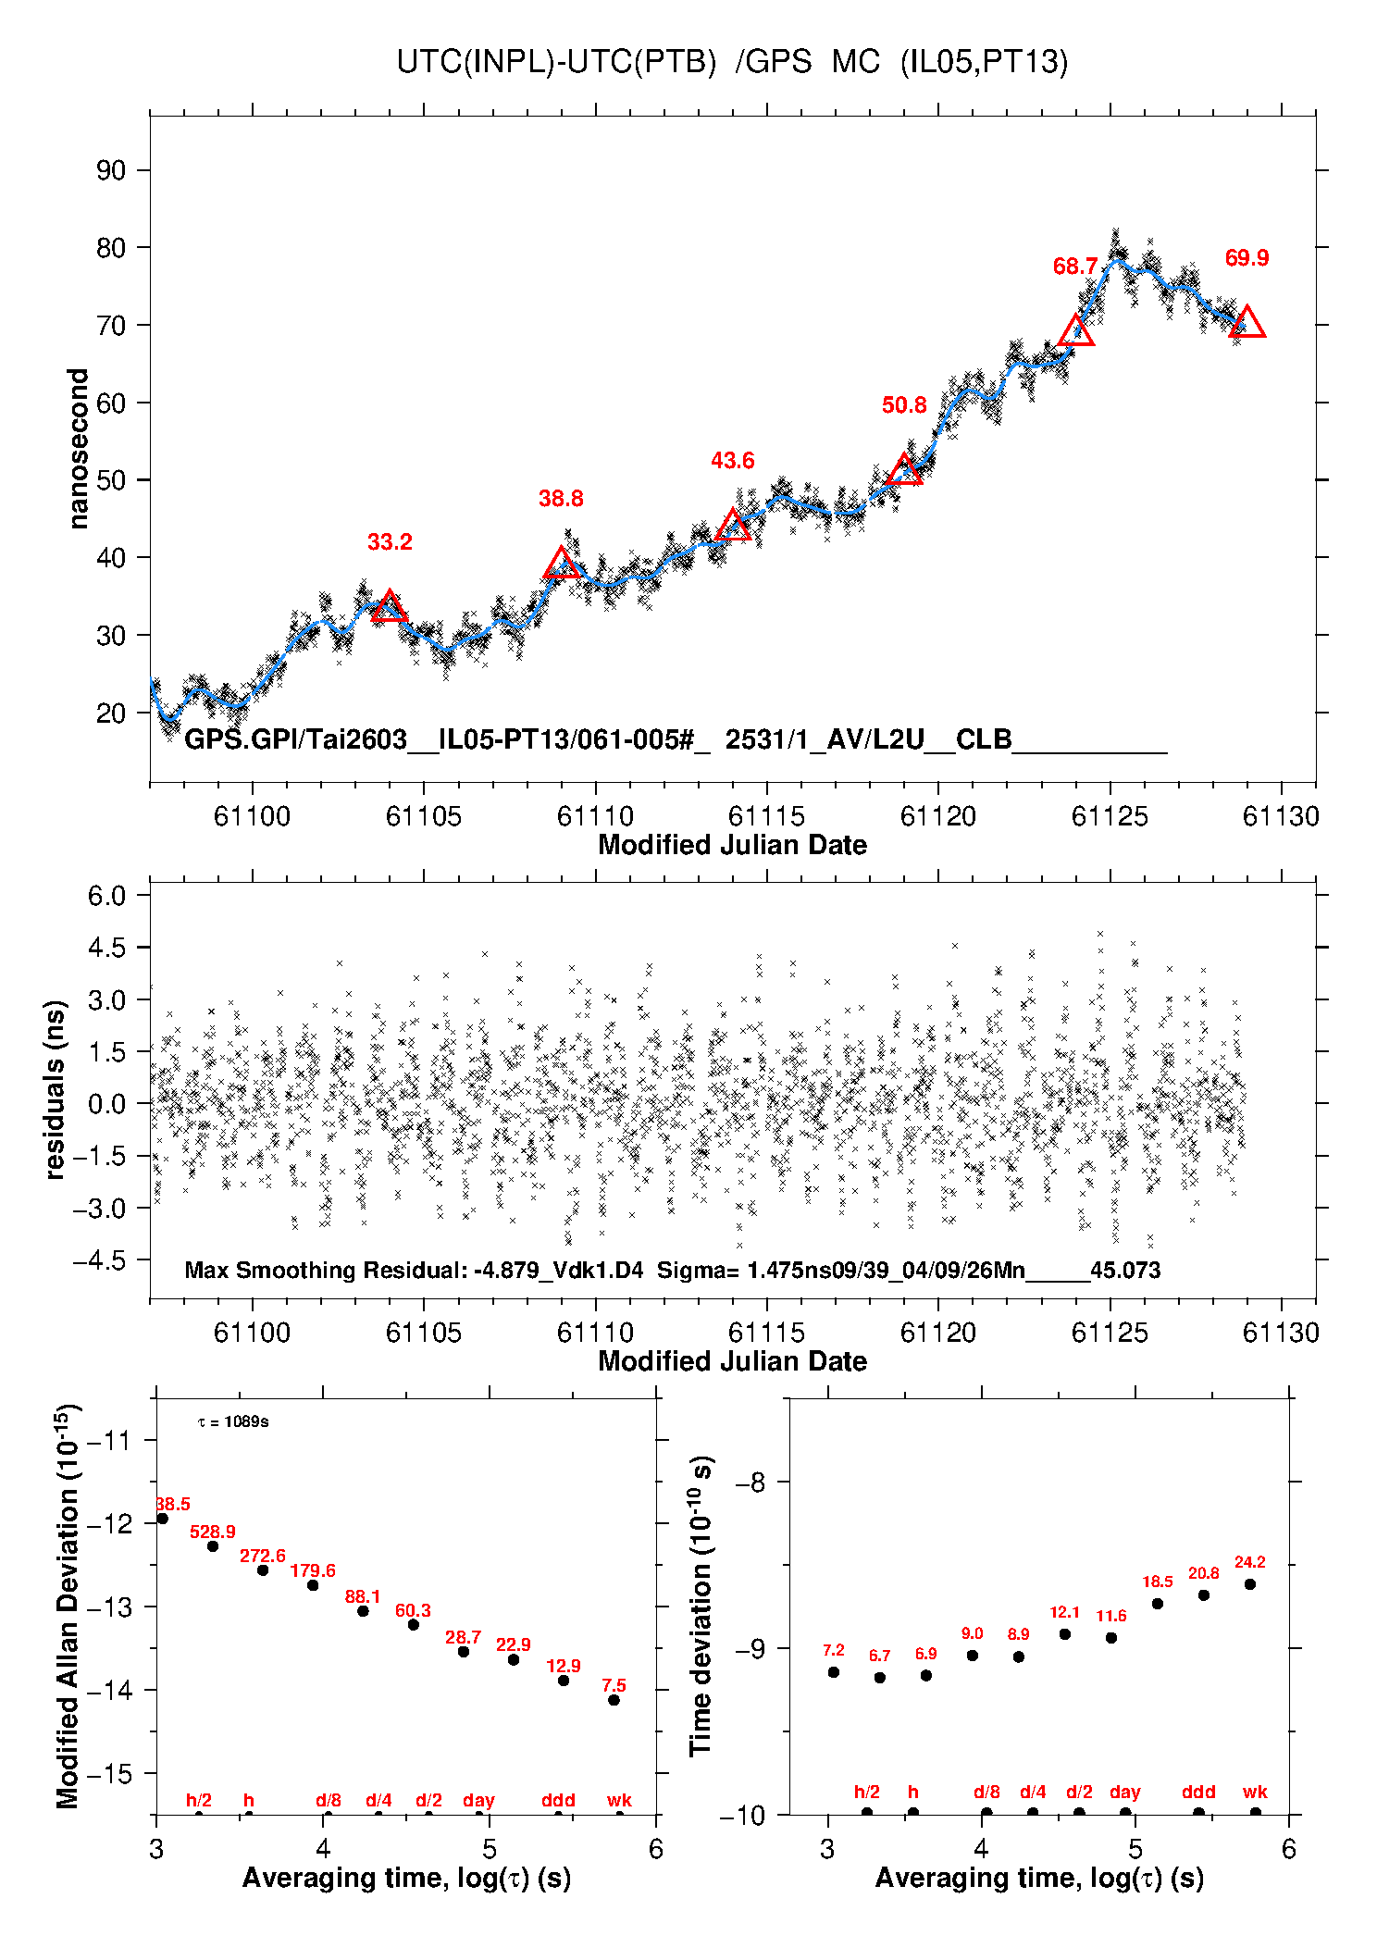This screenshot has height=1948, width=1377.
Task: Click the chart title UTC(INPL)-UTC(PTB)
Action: click(x=556, y=62)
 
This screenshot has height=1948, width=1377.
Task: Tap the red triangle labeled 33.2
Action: click(x=390, y=606)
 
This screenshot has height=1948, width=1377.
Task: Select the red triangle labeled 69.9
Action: click(x=1247, y=322)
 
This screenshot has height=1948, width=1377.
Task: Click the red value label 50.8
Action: click(x=904, y=405)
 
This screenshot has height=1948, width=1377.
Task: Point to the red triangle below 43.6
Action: click(x=733, y=526)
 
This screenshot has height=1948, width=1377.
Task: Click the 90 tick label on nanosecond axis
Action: click(x=111, y=170)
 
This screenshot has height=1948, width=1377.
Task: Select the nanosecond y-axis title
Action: click(x=78, y=449)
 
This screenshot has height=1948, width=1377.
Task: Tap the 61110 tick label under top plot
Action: click(x=595, y=816)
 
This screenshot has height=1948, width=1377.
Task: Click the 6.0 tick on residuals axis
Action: click(x=106, y=895)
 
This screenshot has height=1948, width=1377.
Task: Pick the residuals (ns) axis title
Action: click(x=55, y=1089)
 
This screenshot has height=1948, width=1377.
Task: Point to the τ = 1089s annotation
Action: click(x=233, y=1421)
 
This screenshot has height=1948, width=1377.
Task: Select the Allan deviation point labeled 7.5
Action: click(x=614, y=1700)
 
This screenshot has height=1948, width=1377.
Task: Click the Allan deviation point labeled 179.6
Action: click(x=313, y=1585)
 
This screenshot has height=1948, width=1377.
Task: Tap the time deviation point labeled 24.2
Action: click(x=1249, y=1584)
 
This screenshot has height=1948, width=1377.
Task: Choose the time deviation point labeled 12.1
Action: click(x=1065, y=1634)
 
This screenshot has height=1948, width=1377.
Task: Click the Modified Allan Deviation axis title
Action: click(x=68, y=1607)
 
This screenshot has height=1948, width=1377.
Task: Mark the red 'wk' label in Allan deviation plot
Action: click(x=619, y=1800)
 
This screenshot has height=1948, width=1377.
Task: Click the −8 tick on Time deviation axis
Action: click(x=750, y=1483)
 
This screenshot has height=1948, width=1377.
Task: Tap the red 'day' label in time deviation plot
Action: click(x=1125, y=1793)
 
